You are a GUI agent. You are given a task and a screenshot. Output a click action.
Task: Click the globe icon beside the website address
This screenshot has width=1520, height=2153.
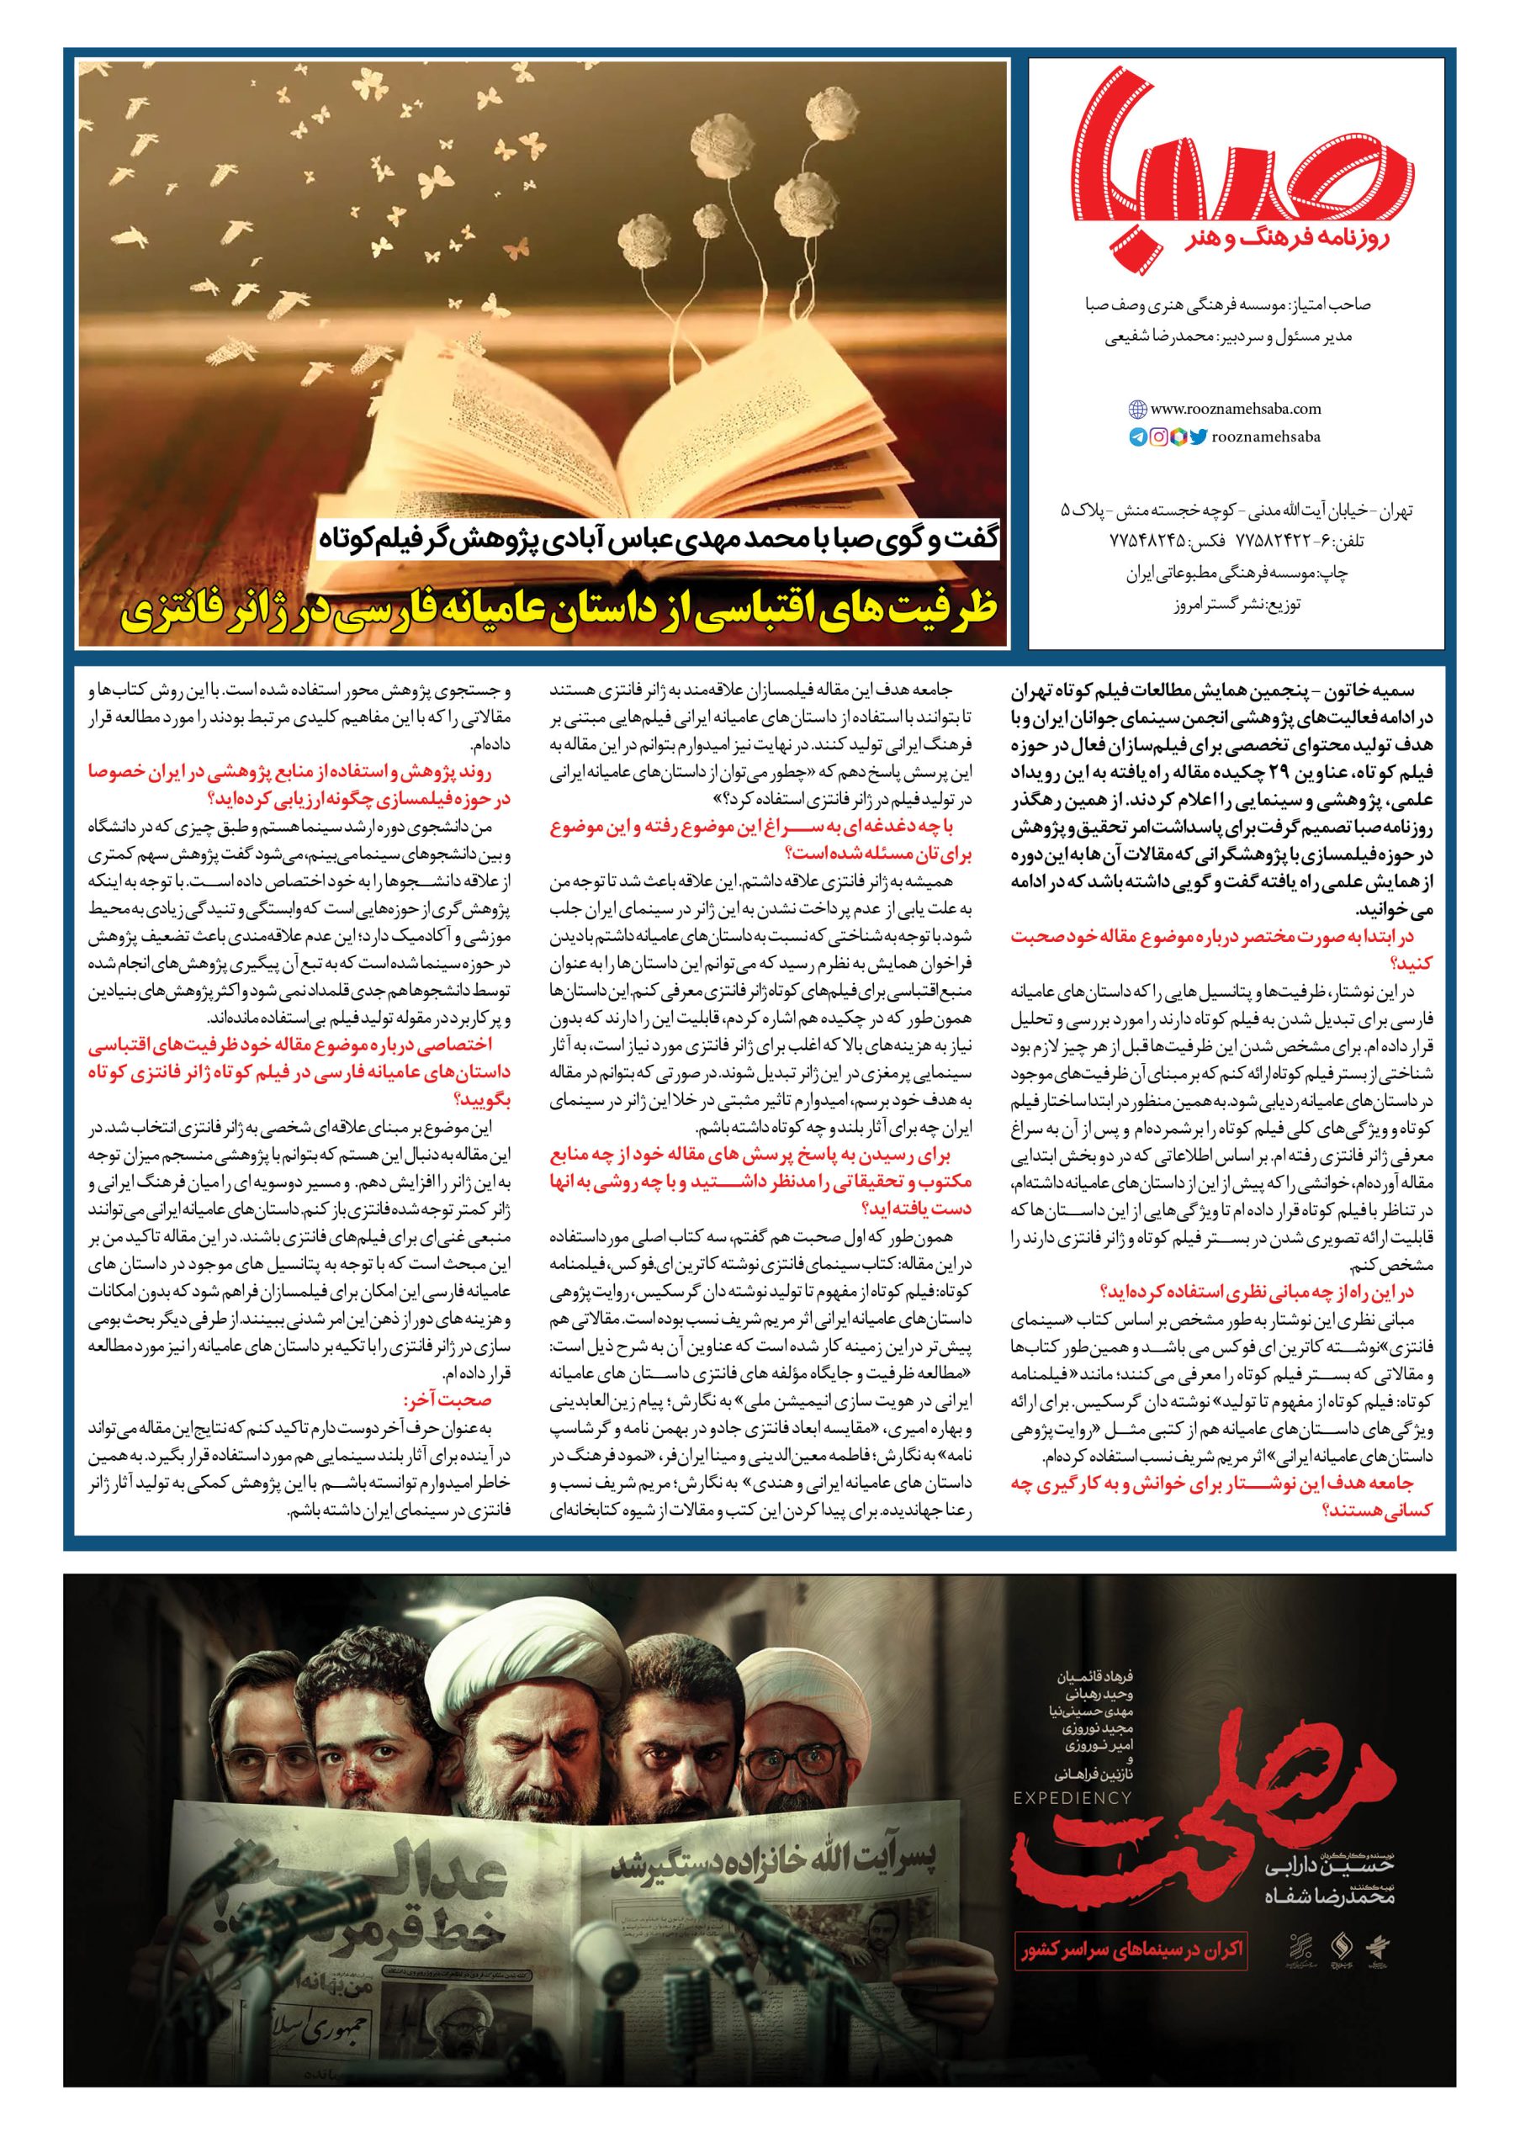[1137, 409]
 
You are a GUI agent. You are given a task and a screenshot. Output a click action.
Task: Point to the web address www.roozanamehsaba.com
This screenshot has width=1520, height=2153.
[1235, 409]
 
